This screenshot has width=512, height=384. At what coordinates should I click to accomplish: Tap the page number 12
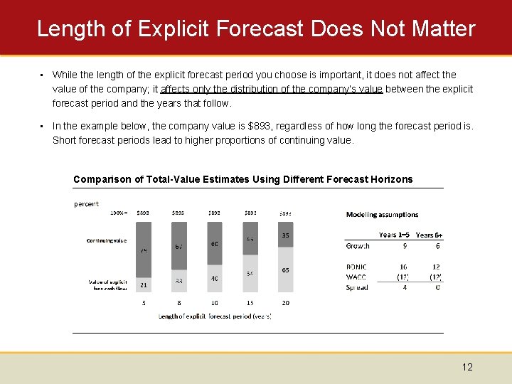coord(466,367)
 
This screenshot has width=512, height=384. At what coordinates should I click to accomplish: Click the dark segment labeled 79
coord(143,250)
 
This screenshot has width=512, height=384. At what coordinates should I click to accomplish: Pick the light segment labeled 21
coord(143,284)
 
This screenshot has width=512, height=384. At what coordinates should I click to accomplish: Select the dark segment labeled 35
coord(285,235)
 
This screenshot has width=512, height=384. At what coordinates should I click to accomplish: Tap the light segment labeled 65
coord(285,270)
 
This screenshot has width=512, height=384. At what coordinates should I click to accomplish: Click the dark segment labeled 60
coord(214,244)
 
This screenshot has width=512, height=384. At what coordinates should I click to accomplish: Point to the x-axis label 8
coord(178,303)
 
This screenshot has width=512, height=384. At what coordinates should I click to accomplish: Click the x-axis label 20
coord(285,303)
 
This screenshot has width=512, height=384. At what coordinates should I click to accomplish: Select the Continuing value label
coord(106,240)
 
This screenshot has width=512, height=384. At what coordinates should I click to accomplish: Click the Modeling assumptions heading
coord(382,214)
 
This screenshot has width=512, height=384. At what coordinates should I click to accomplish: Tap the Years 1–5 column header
coord(393,235)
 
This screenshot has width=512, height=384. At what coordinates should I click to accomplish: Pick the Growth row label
coord(358,246)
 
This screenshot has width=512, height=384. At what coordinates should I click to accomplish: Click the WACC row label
coord(356,277)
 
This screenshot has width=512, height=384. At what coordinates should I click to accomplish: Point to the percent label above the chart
coord(86,203)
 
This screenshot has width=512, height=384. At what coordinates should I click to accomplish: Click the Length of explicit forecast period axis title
coord(214,316)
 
